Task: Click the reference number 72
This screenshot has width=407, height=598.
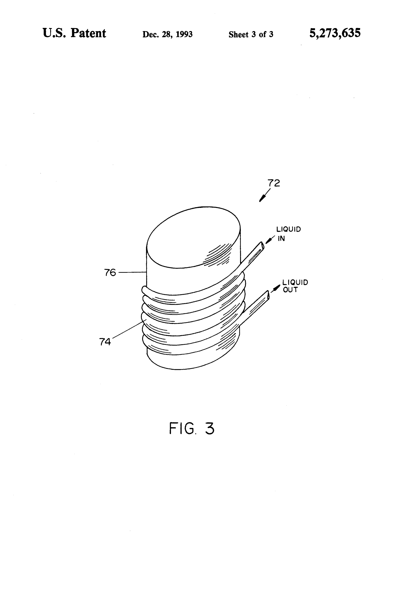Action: (x=274, y=183)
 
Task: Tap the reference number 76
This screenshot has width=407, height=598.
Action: (x=110, y=273)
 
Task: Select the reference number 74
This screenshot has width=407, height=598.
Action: (x=105, y=342)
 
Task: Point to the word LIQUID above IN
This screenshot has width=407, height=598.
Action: (x=288, y=229)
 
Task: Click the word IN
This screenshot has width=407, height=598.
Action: (x=281, y=238)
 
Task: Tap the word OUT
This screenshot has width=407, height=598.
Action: (x=290, y=290)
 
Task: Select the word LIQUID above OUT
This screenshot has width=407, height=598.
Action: (x=295, y=282)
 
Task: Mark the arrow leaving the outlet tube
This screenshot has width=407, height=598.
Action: (x=275, y=288)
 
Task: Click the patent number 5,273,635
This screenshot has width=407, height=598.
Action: (x=335, y=33)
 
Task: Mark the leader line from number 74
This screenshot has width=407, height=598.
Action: (x=129, y=329)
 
